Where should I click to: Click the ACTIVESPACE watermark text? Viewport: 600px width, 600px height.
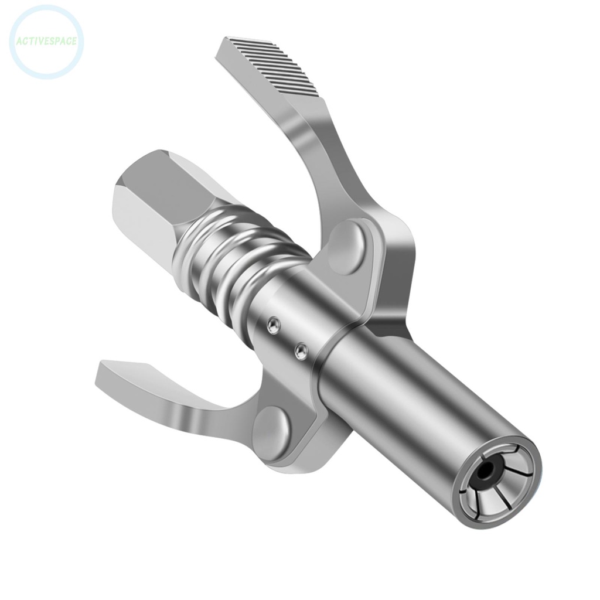tap(47, 41)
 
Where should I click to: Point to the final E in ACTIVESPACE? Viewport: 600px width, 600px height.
tap(74, 40)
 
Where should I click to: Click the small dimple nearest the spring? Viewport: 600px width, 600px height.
tap(273, 326)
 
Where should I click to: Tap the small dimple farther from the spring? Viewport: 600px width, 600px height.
tap(301, 352)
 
